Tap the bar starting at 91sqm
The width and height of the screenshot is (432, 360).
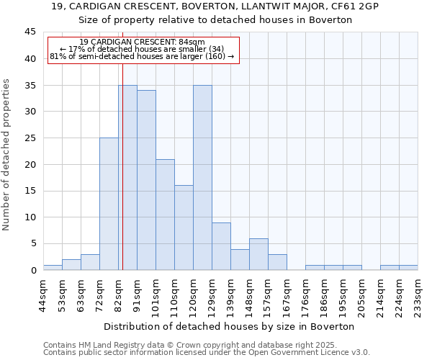[x=146, y=180]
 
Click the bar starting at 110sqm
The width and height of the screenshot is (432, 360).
[x=184, y=228]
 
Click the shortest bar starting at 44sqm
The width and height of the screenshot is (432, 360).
[x=53, y=267]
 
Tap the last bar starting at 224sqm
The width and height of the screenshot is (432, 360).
[x=408, y=267]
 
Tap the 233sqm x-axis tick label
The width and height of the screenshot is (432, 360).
[x=418, y=295]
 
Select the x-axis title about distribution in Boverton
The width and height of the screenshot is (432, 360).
[x=230, y=326]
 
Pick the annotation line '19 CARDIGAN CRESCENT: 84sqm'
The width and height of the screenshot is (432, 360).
[x=142, y=42]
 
